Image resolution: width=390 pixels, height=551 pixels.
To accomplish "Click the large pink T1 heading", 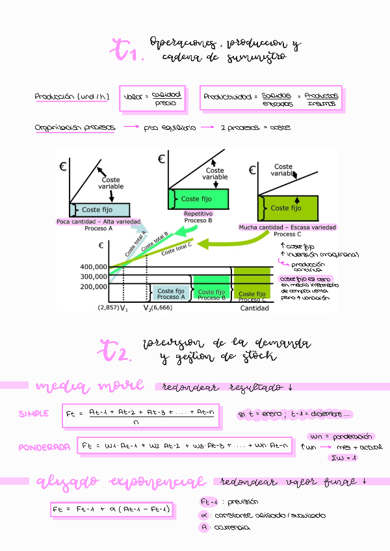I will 127,51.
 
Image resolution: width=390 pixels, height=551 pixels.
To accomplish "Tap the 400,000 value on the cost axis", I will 94,267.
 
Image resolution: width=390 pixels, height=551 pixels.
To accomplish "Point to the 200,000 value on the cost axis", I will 94,286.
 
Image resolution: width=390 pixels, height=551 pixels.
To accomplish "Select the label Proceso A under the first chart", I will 99,228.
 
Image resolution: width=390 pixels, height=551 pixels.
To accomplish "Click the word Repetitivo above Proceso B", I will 198,214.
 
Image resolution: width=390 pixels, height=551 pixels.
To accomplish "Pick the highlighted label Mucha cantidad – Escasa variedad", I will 287,227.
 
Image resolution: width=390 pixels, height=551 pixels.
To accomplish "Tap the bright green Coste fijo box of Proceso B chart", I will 200,199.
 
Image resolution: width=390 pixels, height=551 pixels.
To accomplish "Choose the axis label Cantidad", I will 254,308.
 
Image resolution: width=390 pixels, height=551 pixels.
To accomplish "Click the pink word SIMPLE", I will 33,413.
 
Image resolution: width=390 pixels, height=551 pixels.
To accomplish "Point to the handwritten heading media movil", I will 90,387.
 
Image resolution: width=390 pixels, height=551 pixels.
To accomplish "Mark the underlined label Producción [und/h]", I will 71,97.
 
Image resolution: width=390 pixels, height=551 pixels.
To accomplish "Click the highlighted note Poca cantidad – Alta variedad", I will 98,221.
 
